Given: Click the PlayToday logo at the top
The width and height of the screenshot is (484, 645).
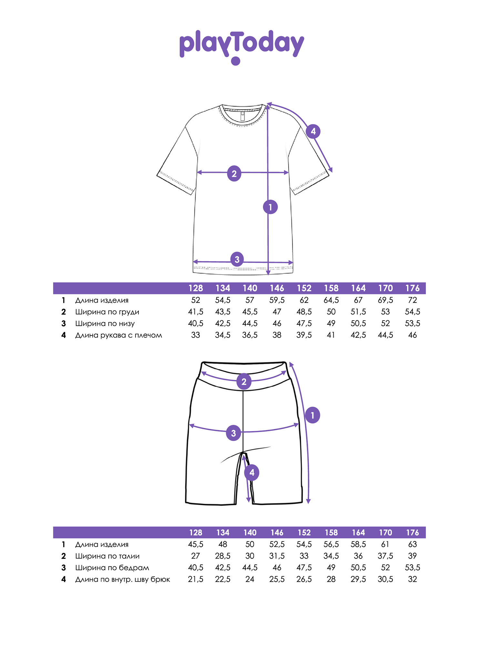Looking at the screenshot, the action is click(x=242, y=47).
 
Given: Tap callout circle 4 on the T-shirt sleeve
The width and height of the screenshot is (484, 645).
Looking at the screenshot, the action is click(x=313, y=131).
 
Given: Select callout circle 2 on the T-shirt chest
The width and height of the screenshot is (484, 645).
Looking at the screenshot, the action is click(x=234, y=174).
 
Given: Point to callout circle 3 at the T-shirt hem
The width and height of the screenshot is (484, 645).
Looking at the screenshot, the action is click(x=237, y=259).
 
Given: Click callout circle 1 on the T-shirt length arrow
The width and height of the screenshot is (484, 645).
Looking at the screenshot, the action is click(x=270, y=207).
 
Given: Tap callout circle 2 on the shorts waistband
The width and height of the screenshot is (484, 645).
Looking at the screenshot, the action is click(x=244, y=382).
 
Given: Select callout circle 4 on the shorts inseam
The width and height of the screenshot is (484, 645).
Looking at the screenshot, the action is click(x=252, y=473).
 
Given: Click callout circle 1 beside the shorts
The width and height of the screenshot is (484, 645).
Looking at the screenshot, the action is click(x=312, y=415).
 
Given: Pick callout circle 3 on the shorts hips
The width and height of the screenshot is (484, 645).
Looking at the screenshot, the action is click(x=234, y=433).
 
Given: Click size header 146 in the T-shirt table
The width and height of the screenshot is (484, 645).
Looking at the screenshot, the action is click(x=277, y=288).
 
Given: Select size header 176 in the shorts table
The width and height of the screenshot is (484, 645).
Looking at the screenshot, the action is click(x=412, y=533).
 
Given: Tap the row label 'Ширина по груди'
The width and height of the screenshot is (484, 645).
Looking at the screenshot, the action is click(x=107, y=312).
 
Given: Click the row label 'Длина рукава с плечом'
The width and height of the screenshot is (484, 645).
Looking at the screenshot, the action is click(x=118, y=335).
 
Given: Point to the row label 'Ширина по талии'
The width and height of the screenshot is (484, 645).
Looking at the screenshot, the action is click(x=107, y=556).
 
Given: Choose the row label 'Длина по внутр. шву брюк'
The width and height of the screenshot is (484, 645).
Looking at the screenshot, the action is click(x=123, y=580).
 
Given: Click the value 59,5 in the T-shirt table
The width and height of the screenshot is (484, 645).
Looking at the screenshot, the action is click(x=277, y=300).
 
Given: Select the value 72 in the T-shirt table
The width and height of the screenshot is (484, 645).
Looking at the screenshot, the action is click(x=412, y=300).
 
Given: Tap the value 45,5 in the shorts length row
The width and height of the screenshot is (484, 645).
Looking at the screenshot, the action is click(x=196, y=544).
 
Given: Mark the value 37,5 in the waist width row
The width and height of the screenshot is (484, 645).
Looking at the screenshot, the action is click(x=385, y=556).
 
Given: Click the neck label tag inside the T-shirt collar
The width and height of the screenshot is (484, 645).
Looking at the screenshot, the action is click(x=243, y=116).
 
